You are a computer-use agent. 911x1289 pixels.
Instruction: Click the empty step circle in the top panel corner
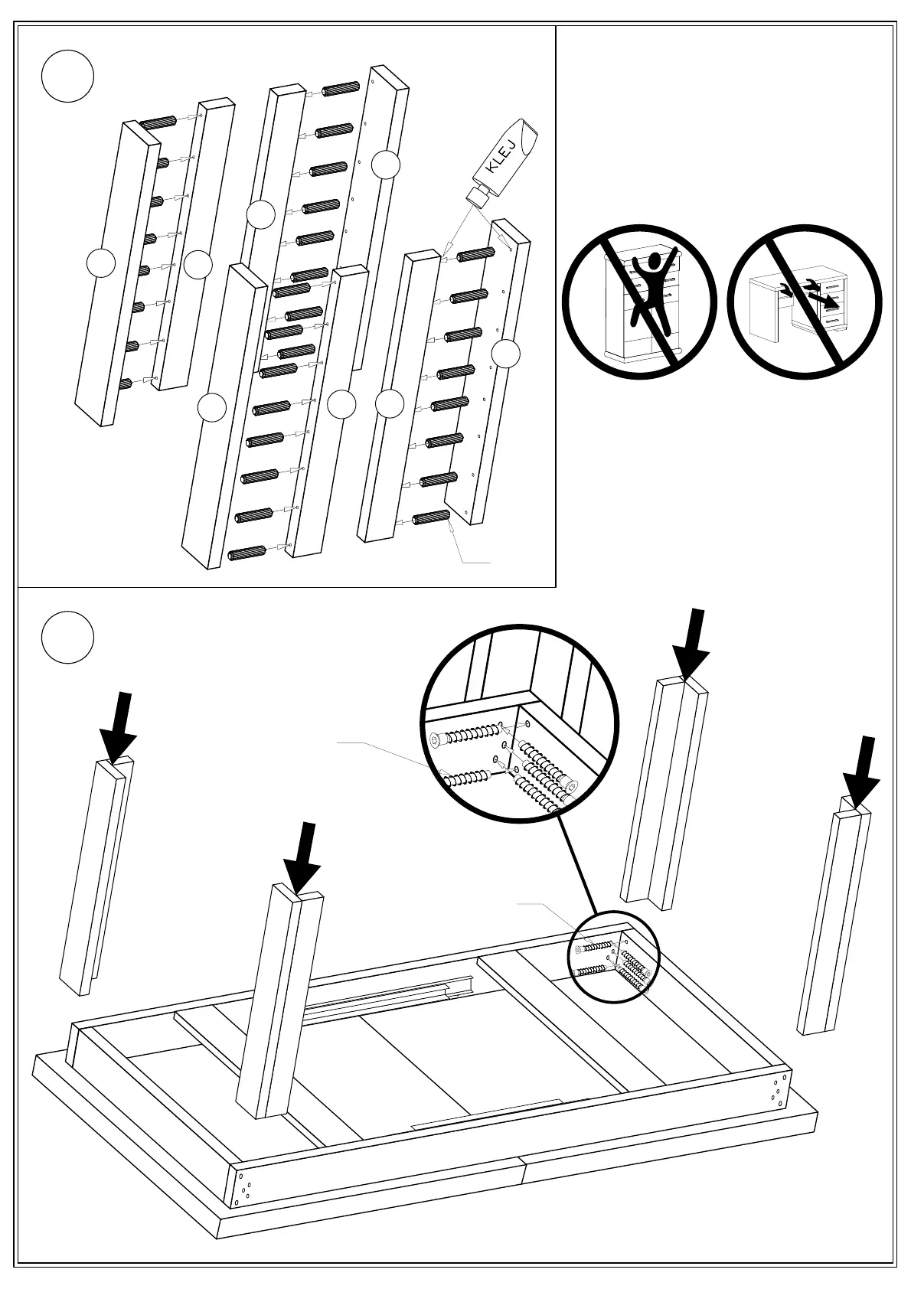(67, 77)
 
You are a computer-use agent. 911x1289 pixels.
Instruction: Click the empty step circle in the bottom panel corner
(67, 637)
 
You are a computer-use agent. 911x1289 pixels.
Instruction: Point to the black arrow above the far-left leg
(119, 726)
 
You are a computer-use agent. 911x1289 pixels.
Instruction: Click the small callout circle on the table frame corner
(614, 957)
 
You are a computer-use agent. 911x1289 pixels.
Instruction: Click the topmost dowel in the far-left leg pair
(158, 122)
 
